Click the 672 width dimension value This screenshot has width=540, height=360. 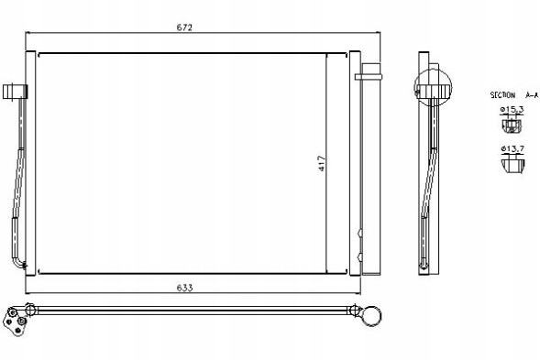(x=184, y=27)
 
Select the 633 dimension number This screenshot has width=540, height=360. (x=184, y=288)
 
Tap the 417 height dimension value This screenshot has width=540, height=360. (x=322, y=163)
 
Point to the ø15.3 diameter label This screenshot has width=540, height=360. (x=512, y=110)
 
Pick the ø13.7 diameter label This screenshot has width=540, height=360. (x=512, y=148)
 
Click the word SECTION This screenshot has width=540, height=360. (x=502, y=95)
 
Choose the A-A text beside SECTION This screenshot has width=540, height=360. (x=532, y=95)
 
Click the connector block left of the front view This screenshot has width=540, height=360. (x=15, y=92)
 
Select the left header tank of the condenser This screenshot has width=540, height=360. (x=30, y=163)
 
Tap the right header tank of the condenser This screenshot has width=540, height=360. (x=355, y=163)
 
